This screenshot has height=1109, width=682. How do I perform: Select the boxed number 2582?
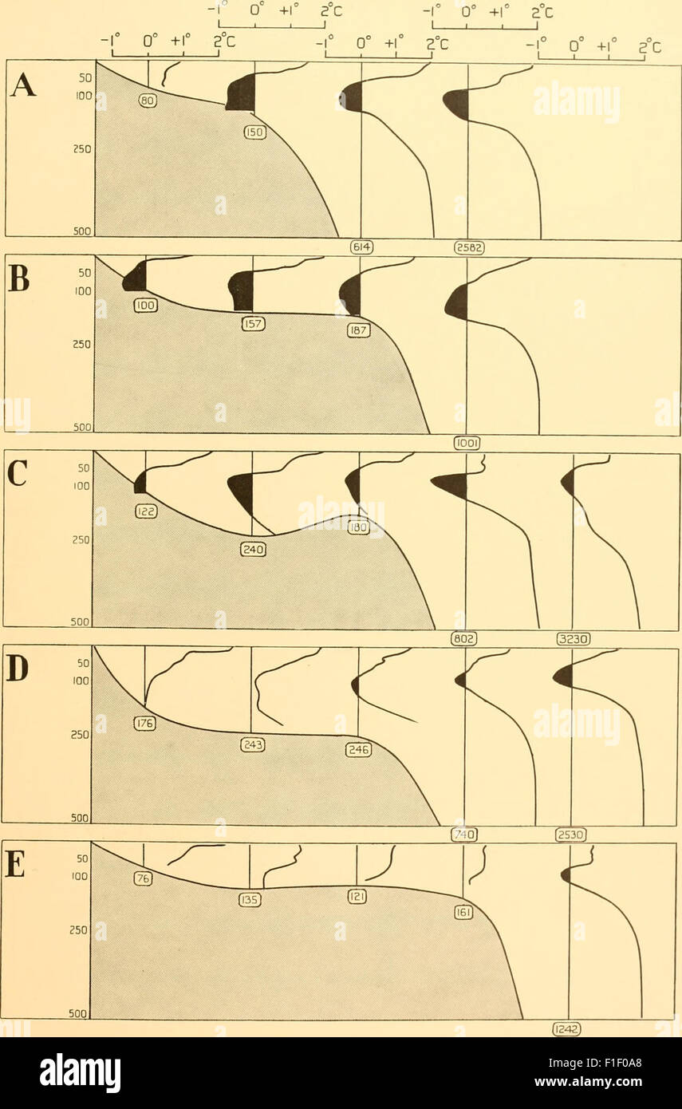(x=468, y=248)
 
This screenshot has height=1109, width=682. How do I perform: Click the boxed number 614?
(x=361, y=248)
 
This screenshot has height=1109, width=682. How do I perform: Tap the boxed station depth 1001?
(x=467, y=442)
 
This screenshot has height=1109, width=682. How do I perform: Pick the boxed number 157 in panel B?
(x=253, y=324)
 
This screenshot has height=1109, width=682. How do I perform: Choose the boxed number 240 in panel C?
(x=252, y=549)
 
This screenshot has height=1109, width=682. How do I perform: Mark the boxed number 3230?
(x=573, y=638)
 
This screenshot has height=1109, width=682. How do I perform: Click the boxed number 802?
(x=464, y=638)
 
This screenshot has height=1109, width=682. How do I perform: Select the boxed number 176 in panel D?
(x=144, y=724)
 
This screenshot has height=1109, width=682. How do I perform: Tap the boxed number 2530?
(x=570, y=835)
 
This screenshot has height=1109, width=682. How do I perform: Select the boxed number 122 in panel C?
(x=145, y=513)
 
